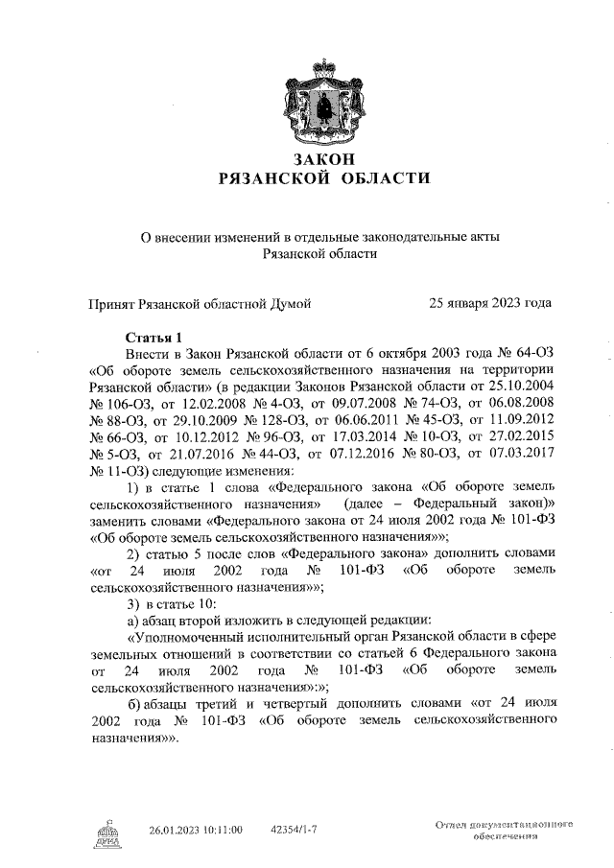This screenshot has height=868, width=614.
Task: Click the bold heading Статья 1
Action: tap(154, 338)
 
